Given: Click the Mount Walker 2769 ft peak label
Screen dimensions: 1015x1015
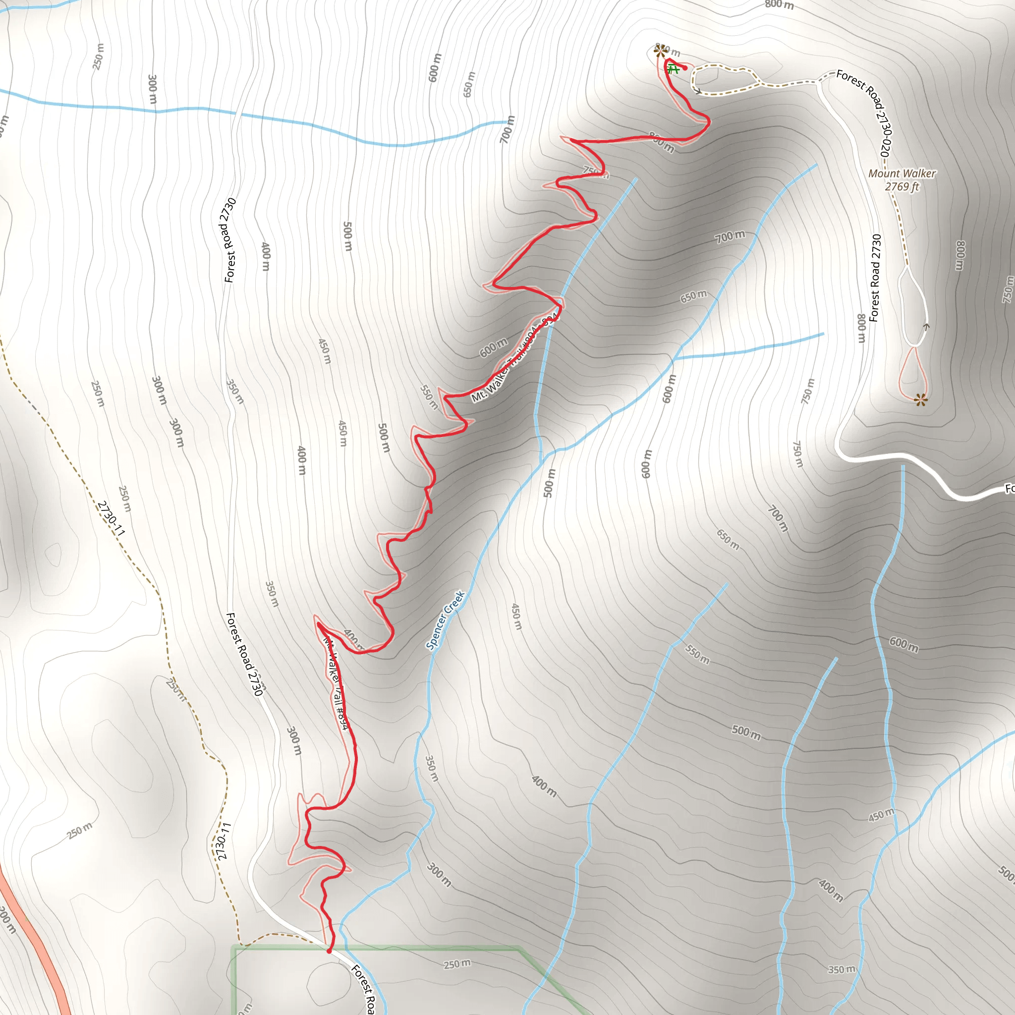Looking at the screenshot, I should tap(902, 180).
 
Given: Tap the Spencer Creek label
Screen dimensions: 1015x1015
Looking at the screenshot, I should tap(446, 620).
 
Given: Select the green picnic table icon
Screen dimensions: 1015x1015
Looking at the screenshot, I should tap(673, 69).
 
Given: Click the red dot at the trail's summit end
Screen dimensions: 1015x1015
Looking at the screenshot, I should tap(685, 68).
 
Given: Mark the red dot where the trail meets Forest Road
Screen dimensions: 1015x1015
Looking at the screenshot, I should tap(330, 951).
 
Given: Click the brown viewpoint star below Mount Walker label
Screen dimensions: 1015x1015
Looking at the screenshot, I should tap(920, 400).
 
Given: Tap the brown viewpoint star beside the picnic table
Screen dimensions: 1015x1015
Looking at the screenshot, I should tap(660, 51).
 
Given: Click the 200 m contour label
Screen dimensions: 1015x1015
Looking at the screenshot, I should tap(6, 920).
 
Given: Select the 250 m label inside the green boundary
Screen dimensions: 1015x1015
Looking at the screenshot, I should tap(457, 964).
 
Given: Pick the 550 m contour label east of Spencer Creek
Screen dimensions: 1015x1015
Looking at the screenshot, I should tap(697, 655).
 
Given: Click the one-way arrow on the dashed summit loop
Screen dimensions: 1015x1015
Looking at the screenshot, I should tap(698, 91).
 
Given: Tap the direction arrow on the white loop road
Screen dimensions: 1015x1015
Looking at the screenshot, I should tap(926, 327).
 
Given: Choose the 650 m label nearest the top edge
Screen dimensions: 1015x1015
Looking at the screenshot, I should tap(469, 84).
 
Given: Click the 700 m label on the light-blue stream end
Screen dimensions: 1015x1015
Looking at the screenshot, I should tap(507, 129).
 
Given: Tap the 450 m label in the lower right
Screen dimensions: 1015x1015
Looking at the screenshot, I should tap(881, 815).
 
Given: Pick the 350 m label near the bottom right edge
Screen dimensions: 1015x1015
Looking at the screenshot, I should tap(842, 969).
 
